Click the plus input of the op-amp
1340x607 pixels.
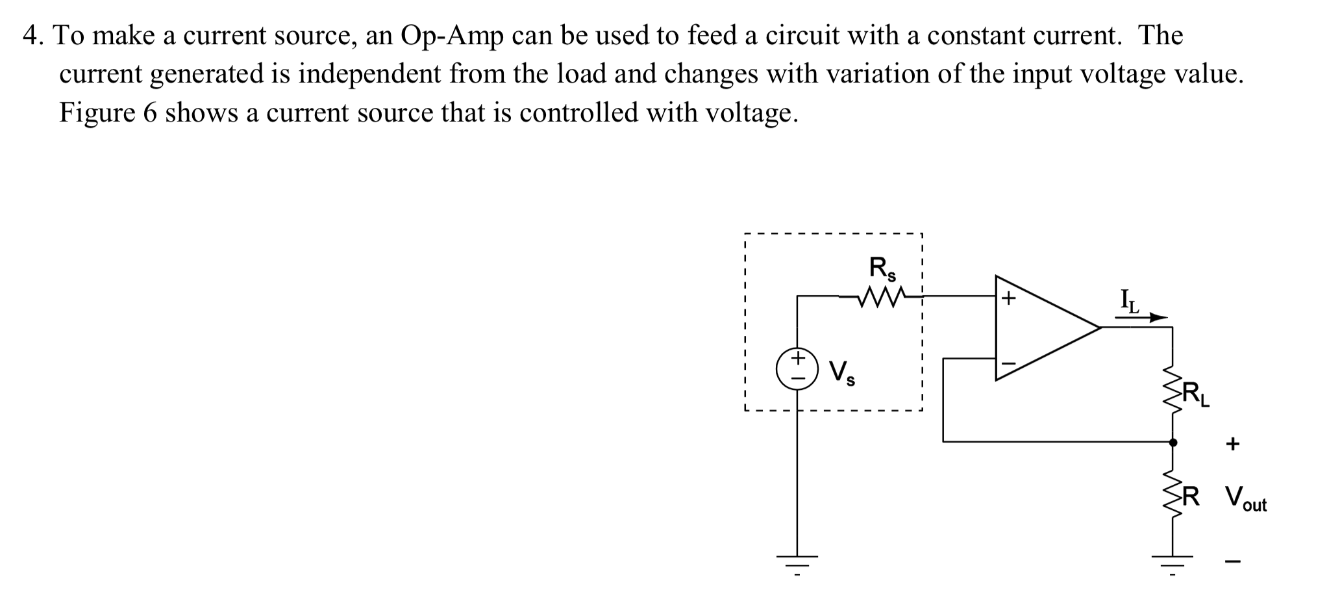[1008, 298]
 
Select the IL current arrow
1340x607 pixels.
[1141, 318]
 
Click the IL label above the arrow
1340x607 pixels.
[1130, 301]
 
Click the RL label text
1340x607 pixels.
[1195, 394]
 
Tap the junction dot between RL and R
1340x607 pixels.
[1172, 442]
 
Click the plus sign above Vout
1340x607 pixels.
[1232, 445]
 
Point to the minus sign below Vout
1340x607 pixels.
[1232, 562]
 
